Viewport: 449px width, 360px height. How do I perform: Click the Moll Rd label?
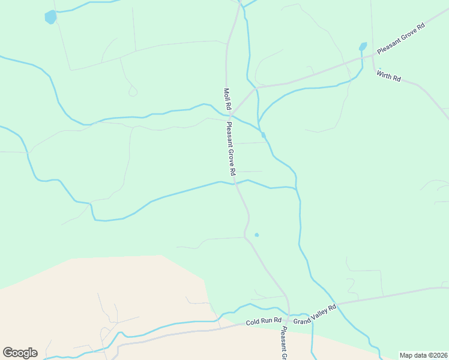click(227, 98)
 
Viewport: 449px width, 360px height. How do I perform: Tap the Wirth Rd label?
click(388, 76)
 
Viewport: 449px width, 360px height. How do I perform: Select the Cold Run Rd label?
click(264, 322)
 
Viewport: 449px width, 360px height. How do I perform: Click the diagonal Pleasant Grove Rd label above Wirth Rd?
click(400, 40)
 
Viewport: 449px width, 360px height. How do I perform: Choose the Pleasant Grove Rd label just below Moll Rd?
click(231, 148)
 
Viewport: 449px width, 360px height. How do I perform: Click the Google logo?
click(20, 353)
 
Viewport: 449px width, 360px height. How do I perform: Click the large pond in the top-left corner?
click(50, 17)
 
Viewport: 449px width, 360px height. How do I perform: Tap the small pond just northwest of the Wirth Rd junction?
click(363, 47)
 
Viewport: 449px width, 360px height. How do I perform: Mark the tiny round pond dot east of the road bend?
click(256, 235)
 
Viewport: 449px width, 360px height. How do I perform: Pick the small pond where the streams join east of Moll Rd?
click(263, 135)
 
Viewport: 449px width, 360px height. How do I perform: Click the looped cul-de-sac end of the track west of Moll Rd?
click(133, 92)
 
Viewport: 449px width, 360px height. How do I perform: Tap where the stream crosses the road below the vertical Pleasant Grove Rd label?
click(235, 182)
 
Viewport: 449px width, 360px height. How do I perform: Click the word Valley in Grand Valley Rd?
click(316, 313)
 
